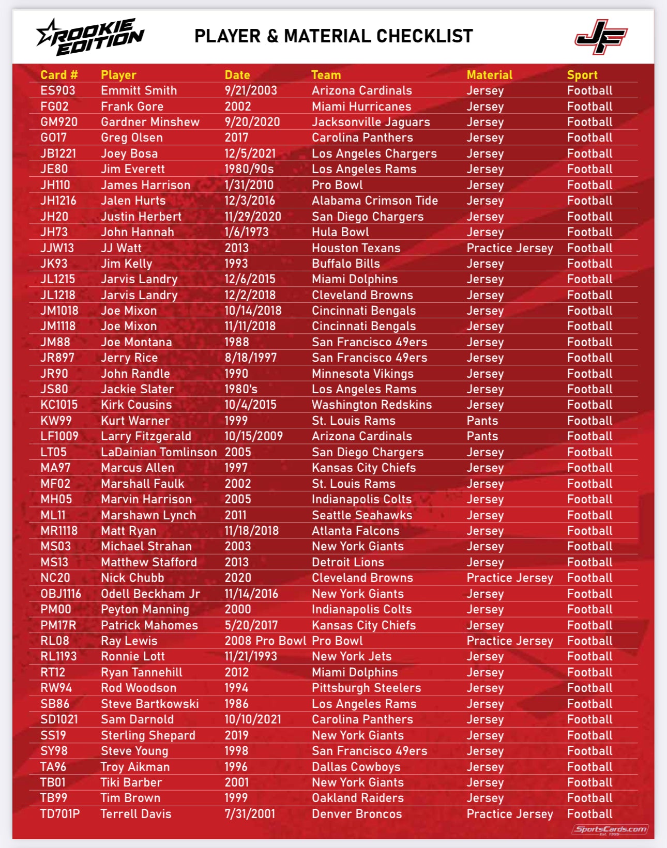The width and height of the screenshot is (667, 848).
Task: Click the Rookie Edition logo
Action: (x=90, y=36)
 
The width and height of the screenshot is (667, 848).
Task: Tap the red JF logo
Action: (x=601, y=37)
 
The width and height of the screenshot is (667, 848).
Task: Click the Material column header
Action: (x=489, y=75)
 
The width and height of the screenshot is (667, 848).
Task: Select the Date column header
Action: (x=237, y=75)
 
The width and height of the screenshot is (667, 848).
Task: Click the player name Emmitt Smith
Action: (x=139, y=90)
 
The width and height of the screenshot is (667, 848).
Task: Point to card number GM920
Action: (x=59, y=122)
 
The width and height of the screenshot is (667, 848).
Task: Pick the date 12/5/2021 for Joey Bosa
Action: (x=250, y=153)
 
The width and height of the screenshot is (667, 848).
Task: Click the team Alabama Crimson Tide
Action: (x=374, y=201)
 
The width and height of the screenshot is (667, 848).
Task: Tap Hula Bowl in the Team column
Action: (x=340, y=232)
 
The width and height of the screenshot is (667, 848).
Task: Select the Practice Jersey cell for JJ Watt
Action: (x=509, y=248)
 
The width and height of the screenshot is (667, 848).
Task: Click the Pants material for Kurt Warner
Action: (x=482, y=421)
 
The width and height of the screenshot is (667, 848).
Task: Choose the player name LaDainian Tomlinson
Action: (x=159, y=452)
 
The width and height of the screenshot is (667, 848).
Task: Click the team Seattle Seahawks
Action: (x=362, y=515)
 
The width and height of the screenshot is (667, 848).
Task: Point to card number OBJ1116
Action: (x=61, y=594)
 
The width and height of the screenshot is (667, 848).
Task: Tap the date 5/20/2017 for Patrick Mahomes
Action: (x=251, y=625)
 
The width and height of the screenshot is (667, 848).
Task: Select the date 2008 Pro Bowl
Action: (x=265, y=641)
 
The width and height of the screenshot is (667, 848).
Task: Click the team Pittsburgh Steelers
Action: (x=366, y=688)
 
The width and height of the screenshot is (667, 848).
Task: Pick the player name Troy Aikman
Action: (x=135, y=767)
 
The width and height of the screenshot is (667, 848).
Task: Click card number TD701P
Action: (x=60, y=814)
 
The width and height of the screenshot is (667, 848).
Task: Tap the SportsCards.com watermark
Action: (x=610, y=829)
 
